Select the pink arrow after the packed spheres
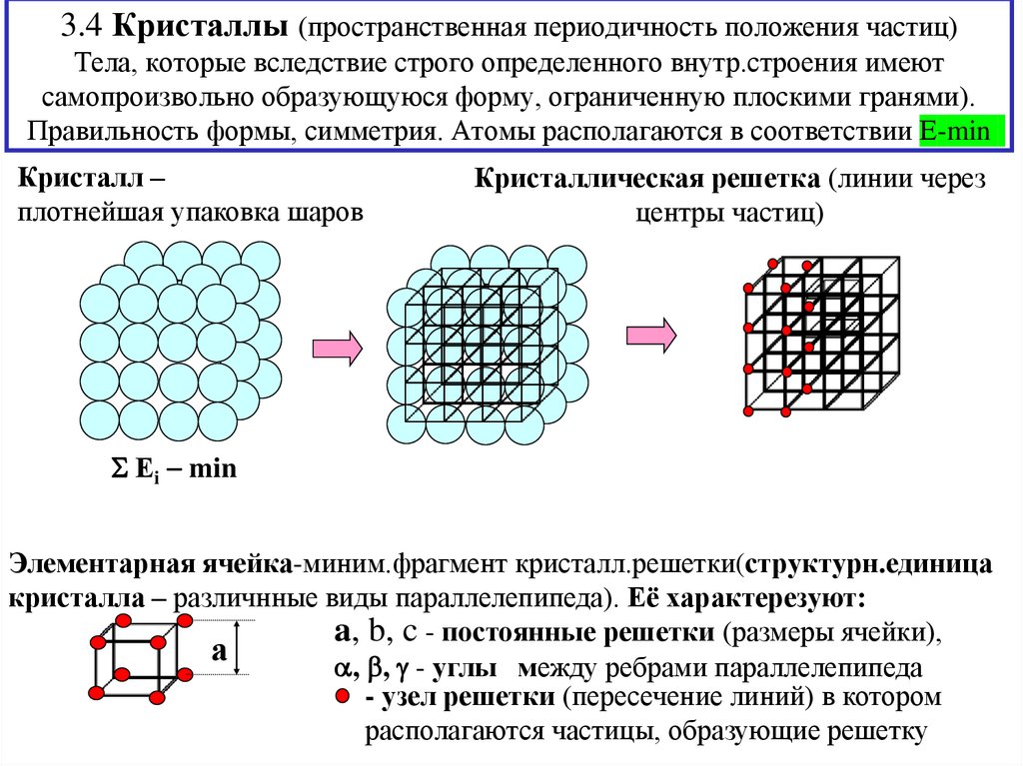[338, 349]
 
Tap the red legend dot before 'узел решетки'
[343, 696]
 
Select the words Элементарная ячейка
[150, 564]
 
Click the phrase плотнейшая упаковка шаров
[188, 214]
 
